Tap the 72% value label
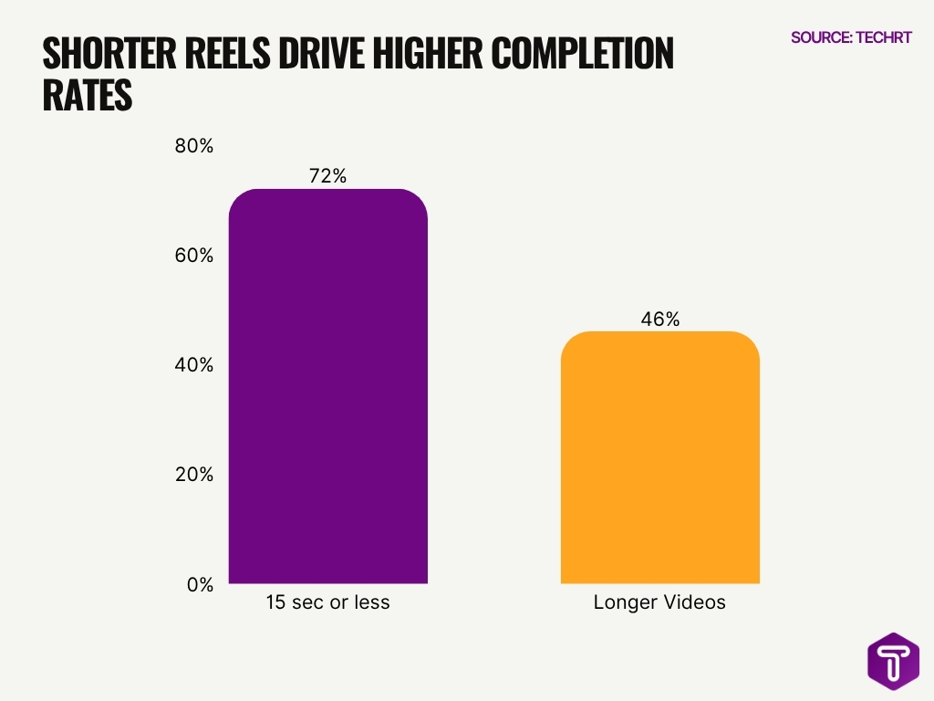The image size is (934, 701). click(x=327, y=176)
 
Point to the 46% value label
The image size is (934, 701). click(x=659, y=319)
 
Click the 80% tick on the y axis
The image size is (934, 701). click(x=193, y=146)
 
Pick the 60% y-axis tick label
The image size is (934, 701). click(x=193, y=256)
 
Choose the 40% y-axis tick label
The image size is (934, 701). click(x=193, y=365)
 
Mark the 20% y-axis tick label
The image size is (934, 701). click(x=193, y=475)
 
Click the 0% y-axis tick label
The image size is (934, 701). click(x=199, y=585)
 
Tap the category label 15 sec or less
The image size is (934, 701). click(x=327, y=602)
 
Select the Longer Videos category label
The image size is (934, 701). click(x=659, y=602)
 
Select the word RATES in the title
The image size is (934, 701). click(x=88, y=96)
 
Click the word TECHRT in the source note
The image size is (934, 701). click(x=882, y=37)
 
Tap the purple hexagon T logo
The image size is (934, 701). click(x=892, y=661)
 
